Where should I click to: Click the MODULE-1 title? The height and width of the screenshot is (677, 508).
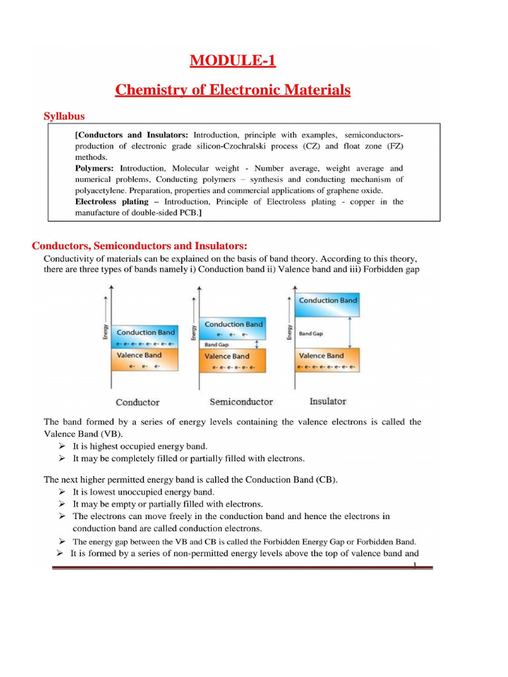tap(232, 61)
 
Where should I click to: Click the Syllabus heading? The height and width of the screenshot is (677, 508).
tap(64, 116)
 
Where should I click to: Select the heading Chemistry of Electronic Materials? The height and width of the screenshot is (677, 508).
tap(233, 90)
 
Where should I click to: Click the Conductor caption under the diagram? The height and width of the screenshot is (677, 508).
tap(138, 401)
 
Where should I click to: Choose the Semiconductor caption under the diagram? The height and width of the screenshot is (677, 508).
tap(241, 401)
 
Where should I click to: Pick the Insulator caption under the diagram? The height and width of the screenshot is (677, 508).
tap(327, 401)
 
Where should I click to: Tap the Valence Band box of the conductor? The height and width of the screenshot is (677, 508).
tap(146, 358)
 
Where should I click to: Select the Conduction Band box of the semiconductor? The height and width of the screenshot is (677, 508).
tap(233, 328)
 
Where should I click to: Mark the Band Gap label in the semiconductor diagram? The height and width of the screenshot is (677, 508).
tap(216, 344)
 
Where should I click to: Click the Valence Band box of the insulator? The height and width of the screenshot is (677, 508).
tap(327, 359)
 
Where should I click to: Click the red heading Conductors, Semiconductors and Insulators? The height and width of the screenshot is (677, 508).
tap(140, 246)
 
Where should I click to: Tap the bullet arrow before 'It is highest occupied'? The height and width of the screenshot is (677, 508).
tap(62, 446)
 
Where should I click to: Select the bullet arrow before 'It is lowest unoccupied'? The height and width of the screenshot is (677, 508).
tap(62, 492)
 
